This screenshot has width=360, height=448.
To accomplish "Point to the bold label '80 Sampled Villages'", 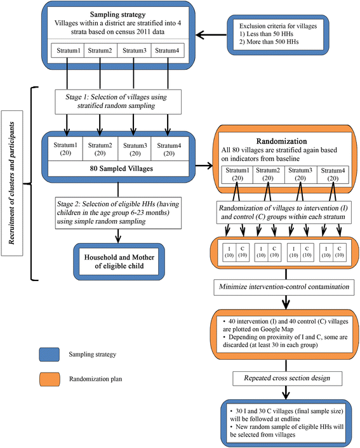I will pyautogui.click(x=117, y=169).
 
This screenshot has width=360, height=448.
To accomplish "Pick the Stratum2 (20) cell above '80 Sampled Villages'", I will pyautogui.click(x=100, y=148).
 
